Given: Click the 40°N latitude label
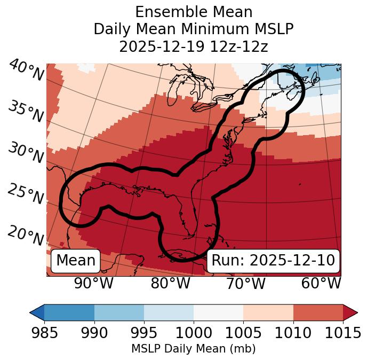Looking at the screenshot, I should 26,70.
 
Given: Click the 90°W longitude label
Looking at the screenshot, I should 93,283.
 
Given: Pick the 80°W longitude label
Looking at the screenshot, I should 170,283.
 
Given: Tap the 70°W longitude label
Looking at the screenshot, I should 246,283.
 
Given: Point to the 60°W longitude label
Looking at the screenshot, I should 321,283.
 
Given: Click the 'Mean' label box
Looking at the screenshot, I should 76,261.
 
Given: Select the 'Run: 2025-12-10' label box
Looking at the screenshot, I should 273,261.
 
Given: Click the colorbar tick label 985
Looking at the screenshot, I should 44,333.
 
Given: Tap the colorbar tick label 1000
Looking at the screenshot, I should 194,333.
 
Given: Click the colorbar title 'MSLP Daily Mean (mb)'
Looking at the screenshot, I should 194,349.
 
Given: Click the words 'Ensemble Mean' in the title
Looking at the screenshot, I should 194,12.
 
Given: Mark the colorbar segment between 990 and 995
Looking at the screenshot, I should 119,312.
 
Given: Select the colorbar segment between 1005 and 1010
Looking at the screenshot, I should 268,312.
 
